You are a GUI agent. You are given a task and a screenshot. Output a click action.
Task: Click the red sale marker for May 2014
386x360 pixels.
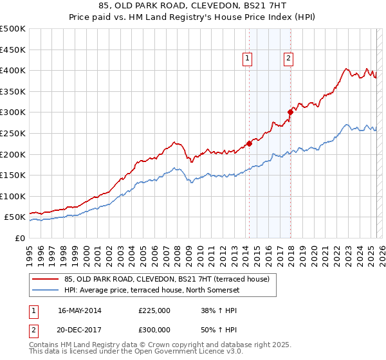(x=249, y=143)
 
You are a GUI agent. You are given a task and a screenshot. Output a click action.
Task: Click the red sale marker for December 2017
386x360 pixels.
(x=290, y=112)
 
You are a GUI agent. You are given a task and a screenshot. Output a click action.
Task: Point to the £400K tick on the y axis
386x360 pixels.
(x=14, y=70)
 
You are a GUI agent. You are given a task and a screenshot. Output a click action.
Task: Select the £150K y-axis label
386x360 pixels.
(x=14, y=175)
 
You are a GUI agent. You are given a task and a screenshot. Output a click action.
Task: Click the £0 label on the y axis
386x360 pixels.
(x=19, y=238)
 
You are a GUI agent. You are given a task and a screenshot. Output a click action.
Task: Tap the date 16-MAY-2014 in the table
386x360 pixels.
(x=80, y=310)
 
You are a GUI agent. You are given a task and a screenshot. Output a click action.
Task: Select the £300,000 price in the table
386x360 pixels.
(x=154, y=329)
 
